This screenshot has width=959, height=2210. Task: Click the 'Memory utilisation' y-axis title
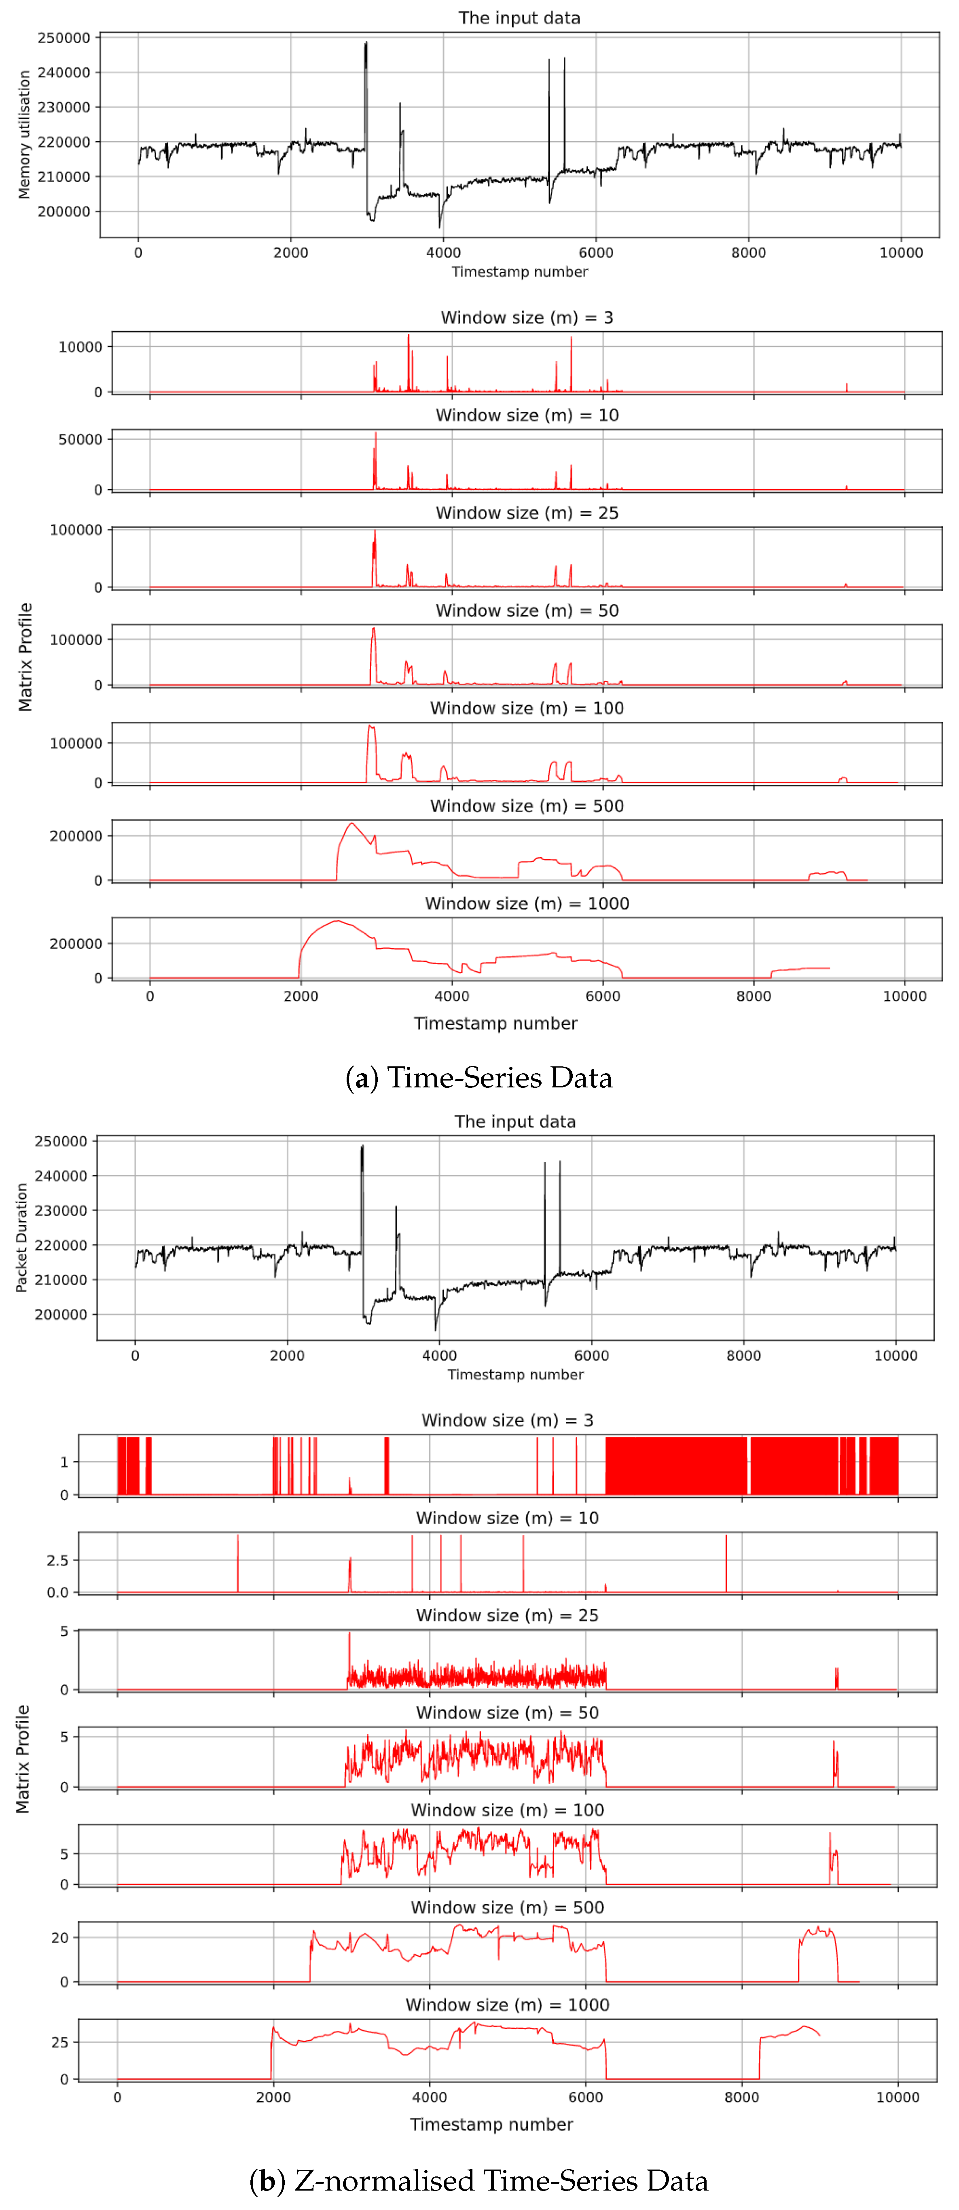[24, 135]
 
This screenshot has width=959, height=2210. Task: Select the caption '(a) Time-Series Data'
[478, 1078]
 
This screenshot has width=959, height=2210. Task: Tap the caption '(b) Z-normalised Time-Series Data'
[478, 2180]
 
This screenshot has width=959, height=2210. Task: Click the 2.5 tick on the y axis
[57, 1561]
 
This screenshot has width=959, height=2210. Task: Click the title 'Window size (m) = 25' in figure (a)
[527, 513]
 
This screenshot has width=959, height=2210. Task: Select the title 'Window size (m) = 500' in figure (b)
[507, 1907]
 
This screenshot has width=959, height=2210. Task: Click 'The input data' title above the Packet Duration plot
[514, 1121]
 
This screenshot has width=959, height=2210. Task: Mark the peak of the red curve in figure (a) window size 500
[351, 824]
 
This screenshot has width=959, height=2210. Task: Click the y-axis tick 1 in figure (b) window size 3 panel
[64, 1462]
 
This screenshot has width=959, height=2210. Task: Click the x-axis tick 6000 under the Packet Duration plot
[591, 1356]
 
